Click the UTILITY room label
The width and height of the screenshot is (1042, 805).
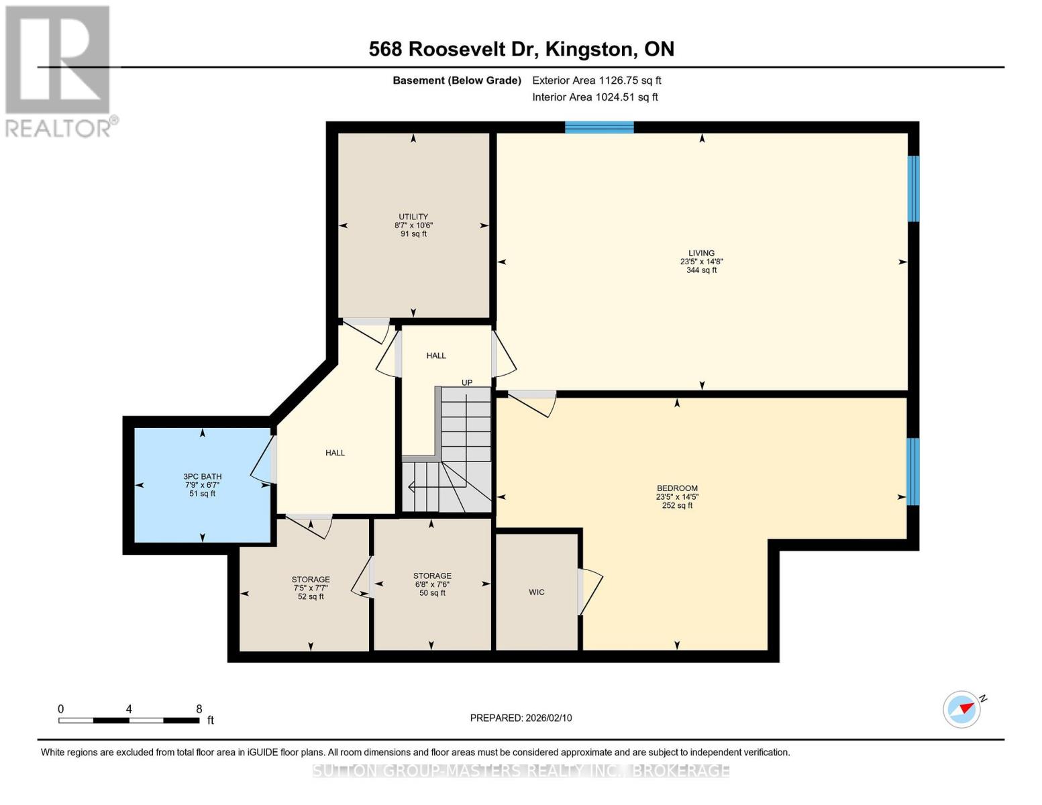pos(413,217)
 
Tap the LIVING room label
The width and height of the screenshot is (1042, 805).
pos(701,254)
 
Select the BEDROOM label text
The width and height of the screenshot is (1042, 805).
pos(677,488)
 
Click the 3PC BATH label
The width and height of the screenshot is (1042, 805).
pos(203,477)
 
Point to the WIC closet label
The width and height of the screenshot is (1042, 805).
pos(537,592)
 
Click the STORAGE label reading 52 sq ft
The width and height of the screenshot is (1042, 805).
pos(311,588)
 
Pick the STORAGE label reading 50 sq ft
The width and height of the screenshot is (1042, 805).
pos(432,584)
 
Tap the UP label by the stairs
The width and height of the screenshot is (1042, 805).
pos(467,383)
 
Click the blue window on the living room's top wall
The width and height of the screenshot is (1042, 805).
pos(599,127)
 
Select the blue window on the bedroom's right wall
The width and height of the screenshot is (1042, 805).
pos(913,472)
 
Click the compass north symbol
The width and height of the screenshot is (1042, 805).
pos(962,708)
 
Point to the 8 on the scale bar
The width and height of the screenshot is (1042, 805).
pos(199,709)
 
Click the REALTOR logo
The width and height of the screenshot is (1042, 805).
pos(59,71)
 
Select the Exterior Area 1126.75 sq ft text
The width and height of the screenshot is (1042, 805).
pos(596,80)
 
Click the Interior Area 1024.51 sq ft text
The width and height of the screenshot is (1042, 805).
pos(594,97)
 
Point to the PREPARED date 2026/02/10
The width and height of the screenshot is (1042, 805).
pos(521,718)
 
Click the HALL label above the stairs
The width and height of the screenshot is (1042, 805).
pos(436,356)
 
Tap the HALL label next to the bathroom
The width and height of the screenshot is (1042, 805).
pos(335,453)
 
